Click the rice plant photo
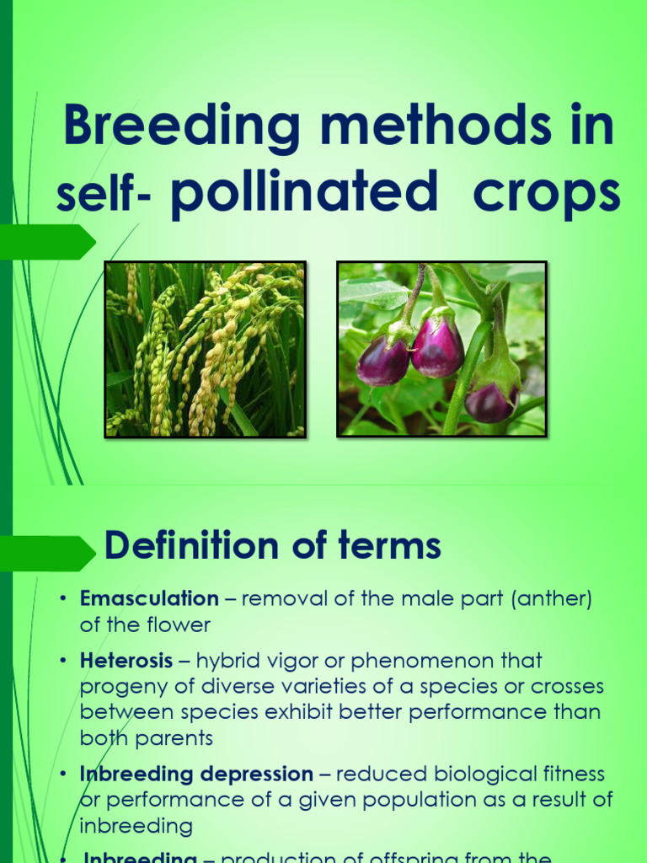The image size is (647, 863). (205, 349)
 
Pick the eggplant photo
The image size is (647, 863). (441, 349)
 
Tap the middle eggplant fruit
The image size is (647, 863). (436, 346)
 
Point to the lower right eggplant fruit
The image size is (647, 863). (493, 399)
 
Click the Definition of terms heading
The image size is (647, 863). (272, 547)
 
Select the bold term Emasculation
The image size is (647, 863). (149, 599)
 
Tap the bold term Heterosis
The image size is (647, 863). (126, 660)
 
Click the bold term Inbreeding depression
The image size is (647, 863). (196, 774)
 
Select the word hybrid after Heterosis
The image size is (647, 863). (227, 660)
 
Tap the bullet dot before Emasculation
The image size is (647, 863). (62, 599)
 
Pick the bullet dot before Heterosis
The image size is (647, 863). (62, 660)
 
